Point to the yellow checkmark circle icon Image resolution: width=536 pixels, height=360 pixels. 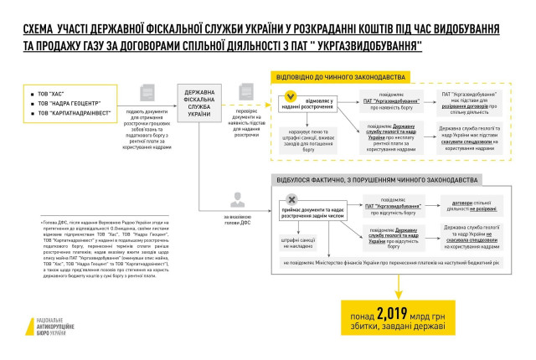[x=291, y=97]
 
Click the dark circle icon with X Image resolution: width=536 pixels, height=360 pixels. [x=291, y=199]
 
